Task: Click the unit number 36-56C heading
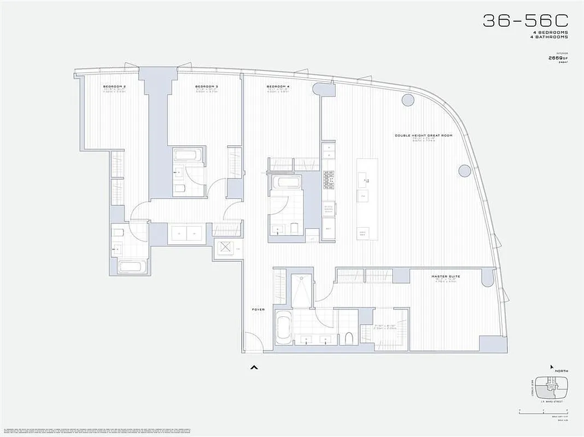(x=525, y=21)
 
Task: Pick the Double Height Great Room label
(x=424, y=135)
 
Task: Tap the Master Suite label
(x=446, y=276)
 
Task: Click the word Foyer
(x=258, y=310)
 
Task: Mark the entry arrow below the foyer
(x=253, y=368)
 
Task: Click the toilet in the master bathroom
(x=348, y=338)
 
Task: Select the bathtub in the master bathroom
(x=284, y=328)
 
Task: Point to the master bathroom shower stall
(x=301, y=292)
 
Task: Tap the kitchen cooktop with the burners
(x=329, y=179)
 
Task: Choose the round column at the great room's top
(x=407, y=100)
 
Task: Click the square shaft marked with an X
(x=225, y=247)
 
